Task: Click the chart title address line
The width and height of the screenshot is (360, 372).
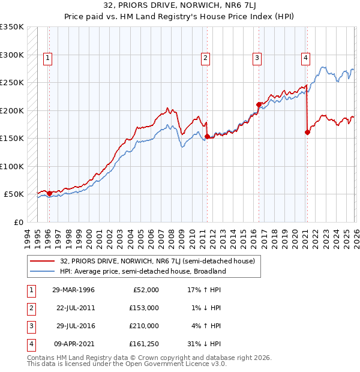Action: coord(180,7)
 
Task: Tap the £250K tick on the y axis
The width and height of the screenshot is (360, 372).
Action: coord(11,83)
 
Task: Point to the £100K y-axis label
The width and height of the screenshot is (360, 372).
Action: coord(11,166)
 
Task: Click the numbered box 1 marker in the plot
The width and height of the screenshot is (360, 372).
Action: coord(47,58)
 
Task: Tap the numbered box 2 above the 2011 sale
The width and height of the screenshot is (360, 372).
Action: coord(205,58)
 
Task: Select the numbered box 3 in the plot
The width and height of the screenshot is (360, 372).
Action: coord(257,58)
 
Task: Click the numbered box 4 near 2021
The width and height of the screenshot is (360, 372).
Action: coord(305,58)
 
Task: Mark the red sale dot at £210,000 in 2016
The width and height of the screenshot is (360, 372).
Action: coord(259,104)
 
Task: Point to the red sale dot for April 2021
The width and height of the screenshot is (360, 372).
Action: coord(307,132)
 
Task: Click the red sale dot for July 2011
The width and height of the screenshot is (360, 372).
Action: coord(207,137)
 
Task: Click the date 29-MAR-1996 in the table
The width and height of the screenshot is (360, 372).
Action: coord(73,290)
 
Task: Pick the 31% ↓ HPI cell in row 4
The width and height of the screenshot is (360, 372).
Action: coord(204,344)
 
